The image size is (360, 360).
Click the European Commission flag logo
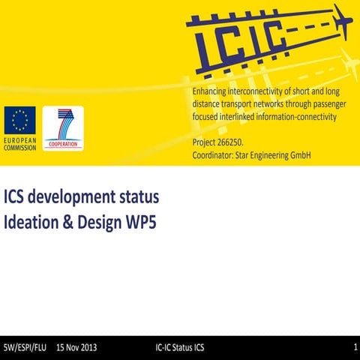(19, 121)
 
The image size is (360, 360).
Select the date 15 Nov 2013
(76, 348)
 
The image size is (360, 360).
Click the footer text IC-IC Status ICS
(179, 348)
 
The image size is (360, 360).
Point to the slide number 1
(354, 348)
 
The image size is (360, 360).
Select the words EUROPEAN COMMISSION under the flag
(19, 144)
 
